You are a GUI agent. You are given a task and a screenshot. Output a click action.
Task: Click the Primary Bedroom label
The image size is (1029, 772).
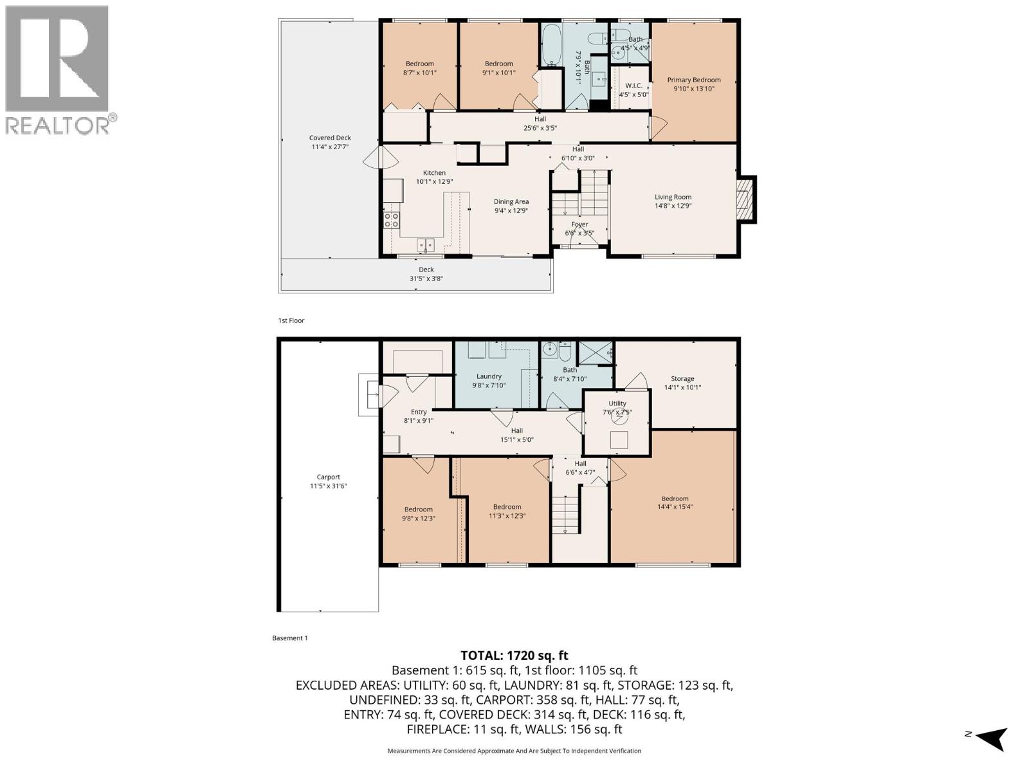(x=693, y=80)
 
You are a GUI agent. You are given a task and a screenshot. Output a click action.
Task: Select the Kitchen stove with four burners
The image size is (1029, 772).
(x=392, y=220)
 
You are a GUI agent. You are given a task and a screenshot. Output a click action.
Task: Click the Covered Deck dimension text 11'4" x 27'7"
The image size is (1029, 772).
(x=330, y=147)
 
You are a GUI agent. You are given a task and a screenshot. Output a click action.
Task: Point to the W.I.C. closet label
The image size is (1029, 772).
(x=633, y=86)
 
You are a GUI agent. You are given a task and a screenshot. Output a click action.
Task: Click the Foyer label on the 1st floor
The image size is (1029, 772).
(x=579, y=225)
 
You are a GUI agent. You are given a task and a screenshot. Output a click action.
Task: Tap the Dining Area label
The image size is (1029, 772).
(x=511, y=201)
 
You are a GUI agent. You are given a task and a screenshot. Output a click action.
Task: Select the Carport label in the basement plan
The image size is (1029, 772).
(x=328, y=477)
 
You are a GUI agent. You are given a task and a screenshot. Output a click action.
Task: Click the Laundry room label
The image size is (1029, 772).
(x=489, y=376)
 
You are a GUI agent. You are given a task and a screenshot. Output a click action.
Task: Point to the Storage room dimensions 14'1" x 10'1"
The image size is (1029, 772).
(x=682, y=387)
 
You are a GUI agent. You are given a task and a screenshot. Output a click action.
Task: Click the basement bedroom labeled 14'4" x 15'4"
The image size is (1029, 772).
(x=675, y=502)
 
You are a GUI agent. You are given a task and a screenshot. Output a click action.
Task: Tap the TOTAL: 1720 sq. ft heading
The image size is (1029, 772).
(x=514, y=656)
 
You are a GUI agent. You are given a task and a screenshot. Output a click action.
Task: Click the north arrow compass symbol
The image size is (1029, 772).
(x=991, y=738)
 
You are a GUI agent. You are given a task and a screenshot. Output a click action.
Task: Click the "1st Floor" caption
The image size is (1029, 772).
(x=291, y=320)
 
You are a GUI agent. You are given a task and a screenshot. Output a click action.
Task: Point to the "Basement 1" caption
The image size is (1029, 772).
(x=289, y=638)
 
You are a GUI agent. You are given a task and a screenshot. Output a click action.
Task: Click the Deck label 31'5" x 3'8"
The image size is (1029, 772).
(x=426, y=274)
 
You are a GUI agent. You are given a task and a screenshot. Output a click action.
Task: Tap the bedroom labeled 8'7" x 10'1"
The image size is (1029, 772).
(x=419, y=68)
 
